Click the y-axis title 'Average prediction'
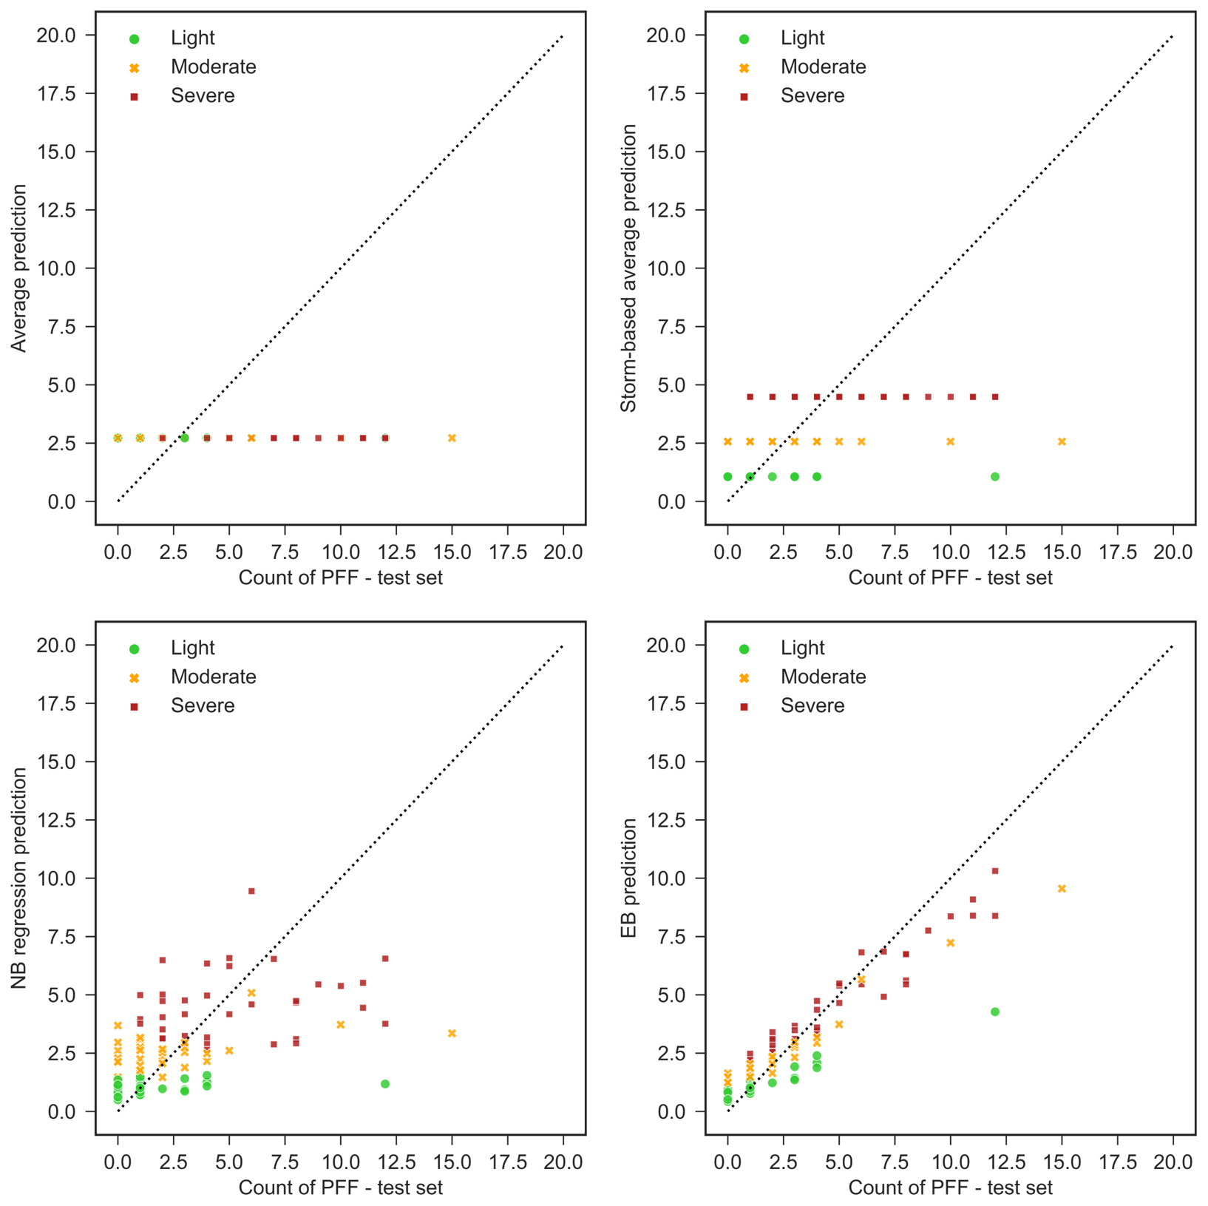tap(19, 268)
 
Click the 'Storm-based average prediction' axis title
tap(629, 268)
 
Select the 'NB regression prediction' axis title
tap(19, 878)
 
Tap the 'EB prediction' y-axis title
tap(629, 878)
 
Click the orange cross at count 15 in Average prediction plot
tap(452, 438)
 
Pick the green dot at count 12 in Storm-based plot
tap(995, 477)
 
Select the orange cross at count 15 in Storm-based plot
tap(1062, 441)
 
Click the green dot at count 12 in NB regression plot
tap(385, 1084)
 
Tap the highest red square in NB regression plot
tap(251, 891)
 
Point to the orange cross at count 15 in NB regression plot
tap(452, 1033)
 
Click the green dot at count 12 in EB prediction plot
tap(995, 1012)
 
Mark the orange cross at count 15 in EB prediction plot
tap(1062, 889)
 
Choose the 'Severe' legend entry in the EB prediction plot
tap(812, 706)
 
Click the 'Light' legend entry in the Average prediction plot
tap(192, 38)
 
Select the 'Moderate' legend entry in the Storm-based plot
tap(822, 67)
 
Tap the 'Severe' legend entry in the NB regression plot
tap(202, 706)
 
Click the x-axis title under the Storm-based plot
tap(950, 578)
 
